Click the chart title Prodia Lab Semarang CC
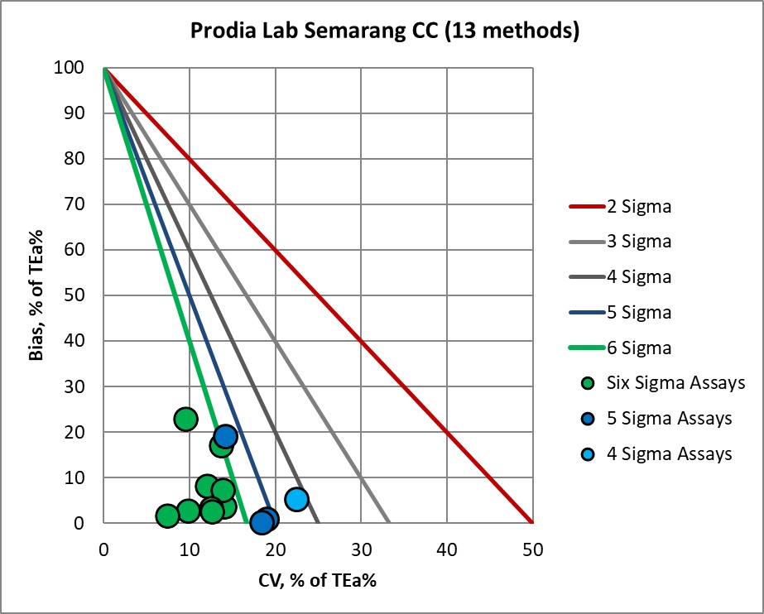[x=384, y=32]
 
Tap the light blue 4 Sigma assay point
[x=297, y=499]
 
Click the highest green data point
[x=185, y=419]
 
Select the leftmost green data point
[x=167, y=516]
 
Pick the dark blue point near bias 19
[x=225, y=436]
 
